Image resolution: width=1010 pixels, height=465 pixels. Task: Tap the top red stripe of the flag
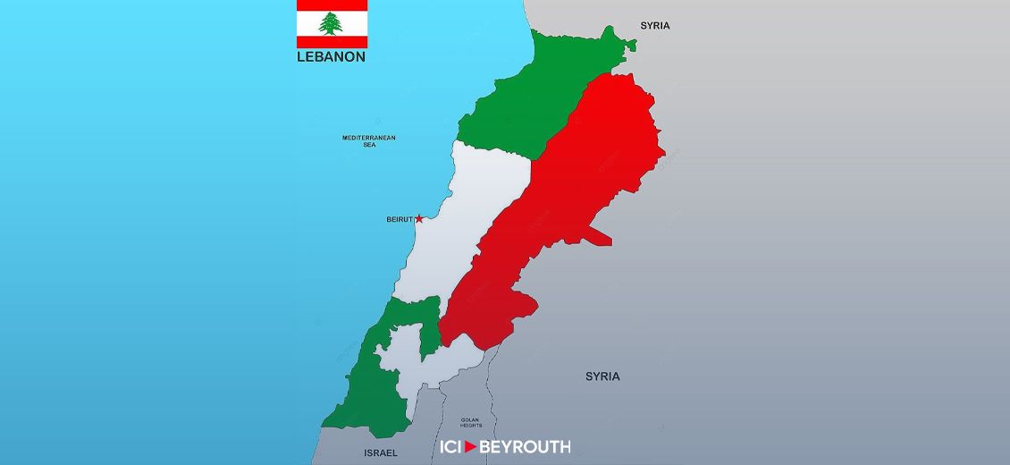(332, 4)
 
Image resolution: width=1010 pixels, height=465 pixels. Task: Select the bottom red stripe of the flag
(332, 42)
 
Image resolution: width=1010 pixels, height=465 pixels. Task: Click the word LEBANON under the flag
(331, 56)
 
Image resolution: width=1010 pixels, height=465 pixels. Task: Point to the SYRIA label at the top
(654, 26)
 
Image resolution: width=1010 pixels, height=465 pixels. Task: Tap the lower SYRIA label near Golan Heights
(602, 376)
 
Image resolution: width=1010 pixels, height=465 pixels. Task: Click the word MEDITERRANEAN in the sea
(369, 138)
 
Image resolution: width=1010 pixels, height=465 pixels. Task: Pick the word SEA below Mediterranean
(369, 145)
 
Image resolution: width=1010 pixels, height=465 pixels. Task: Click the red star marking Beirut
(419, 218)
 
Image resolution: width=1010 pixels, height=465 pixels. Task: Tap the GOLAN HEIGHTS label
(471, 422)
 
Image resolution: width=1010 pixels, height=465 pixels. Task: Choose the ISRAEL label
(381, 452)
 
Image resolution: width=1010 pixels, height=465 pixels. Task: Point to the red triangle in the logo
(471, 446)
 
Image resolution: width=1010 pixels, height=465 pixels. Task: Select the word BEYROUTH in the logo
(525, 446)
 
